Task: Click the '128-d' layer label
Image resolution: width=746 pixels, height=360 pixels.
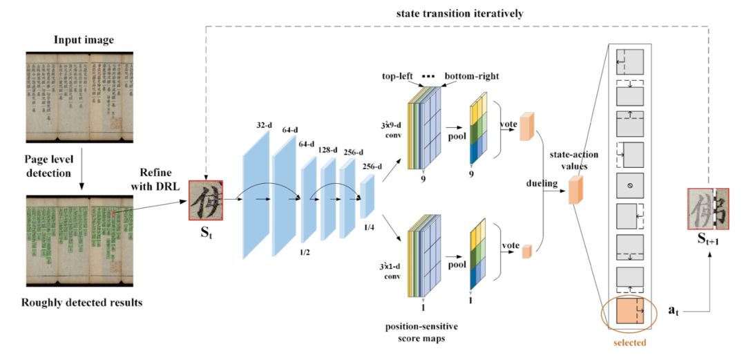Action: (328, 150)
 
